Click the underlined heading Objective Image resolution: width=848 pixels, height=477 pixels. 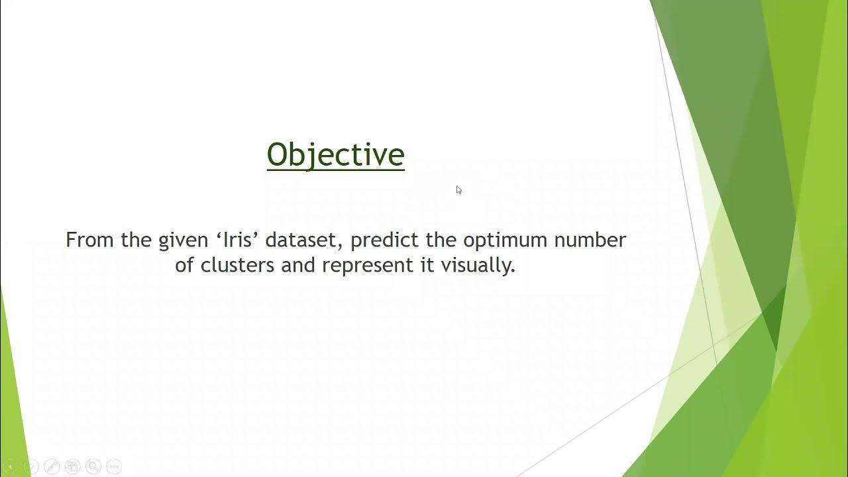click(335, 155)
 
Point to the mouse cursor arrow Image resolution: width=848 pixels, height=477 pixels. click(458, 189)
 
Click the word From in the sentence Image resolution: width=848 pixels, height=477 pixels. click(90, 240)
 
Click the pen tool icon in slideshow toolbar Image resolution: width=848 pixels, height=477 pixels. click(52, 466)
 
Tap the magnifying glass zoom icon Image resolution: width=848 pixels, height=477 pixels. click(93, 466)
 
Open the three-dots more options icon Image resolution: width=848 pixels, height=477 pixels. click(114, 466)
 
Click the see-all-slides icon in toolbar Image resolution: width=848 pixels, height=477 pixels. click(73, 466)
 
